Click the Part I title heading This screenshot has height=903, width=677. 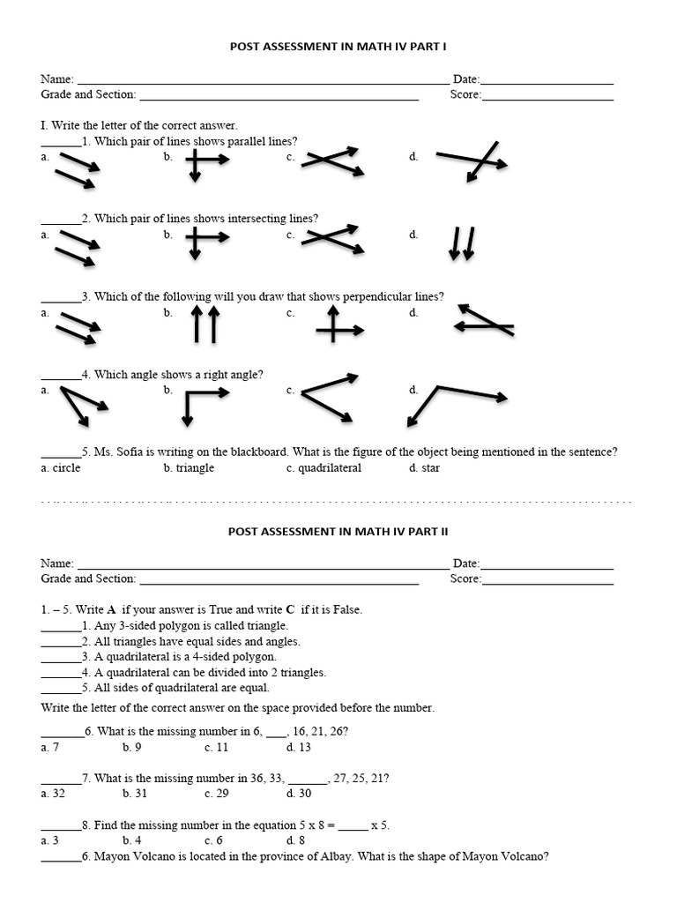click(x=338, y=46)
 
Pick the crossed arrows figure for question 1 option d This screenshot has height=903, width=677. click(x=472, y=161)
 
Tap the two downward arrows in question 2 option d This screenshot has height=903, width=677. click(x=461, y=243)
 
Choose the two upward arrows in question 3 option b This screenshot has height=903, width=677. click(x=205, y=324)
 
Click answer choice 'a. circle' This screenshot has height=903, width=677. click(x=61, y=467)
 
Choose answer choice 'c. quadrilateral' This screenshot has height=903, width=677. click(x=324, y=467)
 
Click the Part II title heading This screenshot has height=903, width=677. click(x=338, y=531)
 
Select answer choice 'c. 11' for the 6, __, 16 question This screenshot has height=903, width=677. click(x=216, y=747)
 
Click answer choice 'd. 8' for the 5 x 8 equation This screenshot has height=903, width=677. click(x=295, y=840)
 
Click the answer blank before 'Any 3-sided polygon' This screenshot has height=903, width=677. click(x=60, y=626)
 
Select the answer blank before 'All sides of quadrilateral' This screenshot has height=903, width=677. click(x=60, y=688)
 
